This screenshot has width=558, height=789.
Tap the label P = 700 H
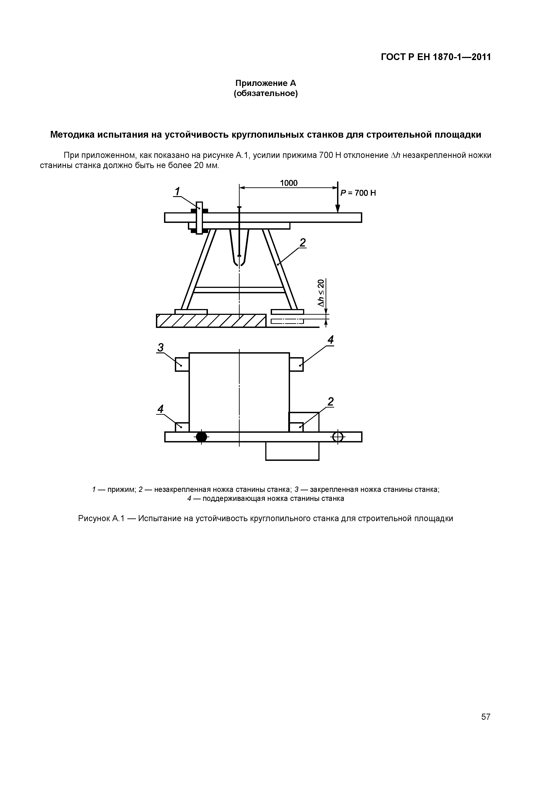pyautogui.click(x=358, y=193)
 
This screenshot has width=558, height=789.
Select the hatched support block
pyautogui.click(x=211, y=321)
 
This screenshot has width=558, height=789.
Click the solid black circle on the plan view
pyautogui.click(x=201, y=437)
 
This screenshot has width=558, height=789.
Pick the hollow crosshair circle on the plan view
pyautogui.click(x=338, y=437)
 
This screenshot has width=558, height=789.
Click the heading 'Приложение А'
pyautogui.click(x=265, y=83)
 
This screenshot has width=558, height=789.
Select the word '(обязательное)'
pyautogui.click(x=265, y=94)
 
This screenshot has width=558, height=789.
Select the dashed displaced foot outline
pyautogui.click(x=287, y=321)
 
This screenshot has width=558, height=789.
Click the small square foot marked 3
pyautogui.click(x=182, y=364)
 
